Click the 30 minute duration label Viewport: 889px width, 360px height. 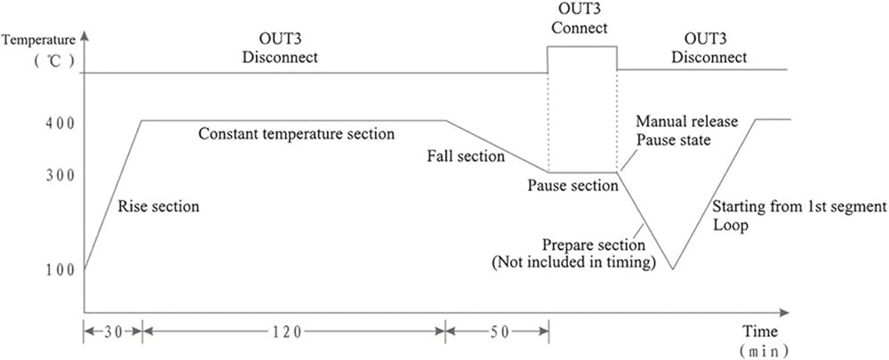[113, 331]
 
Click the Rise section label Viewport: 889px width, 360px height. [158, 206]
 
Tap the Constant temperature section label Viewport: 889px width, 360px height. [296, 134]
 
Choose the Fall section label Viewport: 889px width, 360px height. [466, 156]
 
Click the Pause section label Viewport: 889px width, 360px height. [573, 186]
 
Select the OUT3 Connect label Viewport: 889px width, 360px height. [579, 19]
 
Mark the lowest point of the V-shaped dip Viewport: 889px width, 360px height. [675, 268]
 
